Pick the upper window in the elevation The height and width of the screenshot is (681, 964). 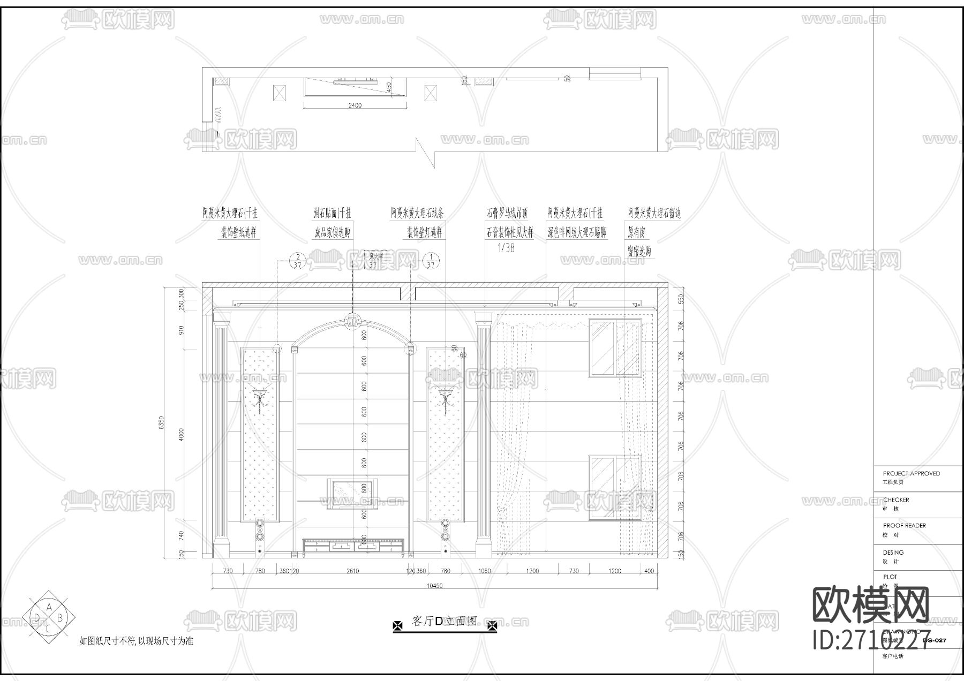click(615, 348)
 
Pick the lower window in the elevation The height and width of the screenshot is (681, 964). click(615, 487)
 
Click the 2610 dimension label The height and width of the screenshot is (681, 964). click(352, 571)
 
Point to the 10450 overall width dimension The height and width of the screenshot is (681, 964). click(434, 585)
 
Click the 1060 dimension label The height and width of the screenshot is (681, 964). click(484, 571)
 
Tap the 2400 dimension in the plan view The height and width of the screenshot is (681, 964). click(355, 105)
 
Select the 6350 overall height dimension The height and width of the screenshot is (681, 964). click(162, 423)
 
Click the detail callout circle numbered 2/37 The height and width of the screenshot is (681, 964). click(297, 261)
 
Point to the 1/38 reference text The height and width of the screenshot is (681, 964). click(506, 248)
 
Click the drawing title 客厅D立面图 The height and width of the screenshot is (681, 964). click(445, 621)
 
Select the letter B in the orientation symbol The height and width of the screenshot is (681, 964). click(60, 618)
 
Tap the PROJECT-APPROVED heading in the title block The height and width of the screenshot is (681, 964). click(911, 473)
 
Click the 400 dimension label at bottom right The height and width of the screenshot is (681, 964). click(649, 571)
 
